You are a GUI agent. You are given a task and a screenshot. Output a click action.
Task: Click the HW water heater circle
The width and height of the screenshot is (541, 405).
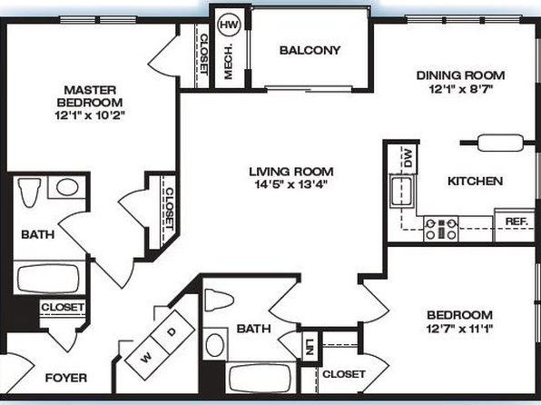coord(229,25)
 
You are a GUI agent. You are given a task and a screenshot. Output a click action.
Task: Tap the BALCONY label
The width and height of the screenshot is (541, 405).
coord(310,51)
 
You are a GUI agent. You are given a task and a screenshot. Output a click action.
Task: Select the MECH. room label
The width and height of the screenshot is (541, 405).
coord(229,62)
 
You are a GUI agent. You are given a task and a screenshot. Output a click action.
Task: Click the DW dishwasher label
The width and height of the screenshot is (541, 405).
coord(408,158)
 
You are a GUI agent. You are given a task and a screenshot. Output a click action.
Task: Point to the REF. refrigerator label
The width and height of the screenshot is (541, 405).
coord(516,222)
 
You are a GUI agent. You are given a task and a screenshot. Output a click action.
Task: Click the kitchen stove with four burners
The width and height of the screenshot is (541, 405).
coord(441,229)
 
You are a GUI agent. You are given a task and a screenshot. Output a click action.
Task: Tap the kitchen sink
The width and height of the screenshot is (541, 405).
coord(402,192)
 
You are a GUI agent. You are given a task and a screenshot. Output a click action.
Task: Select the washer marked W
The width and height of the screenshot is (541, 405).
coord(147,358)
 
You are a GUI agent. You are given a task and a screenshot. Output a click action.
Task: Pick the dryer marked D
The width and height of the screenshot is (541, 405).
coord(172,332)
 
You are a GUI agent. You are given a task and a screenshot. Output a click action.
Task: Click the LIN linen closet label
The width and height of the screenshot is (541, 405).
coord(310,347)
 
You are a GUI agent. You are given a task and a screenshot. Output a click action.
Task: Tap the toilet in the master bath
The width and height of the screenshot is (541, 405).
coord(29,193)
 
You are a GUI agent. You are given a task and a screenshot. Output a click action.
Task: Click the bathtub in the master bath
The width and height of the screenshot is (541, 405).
coord(48,278)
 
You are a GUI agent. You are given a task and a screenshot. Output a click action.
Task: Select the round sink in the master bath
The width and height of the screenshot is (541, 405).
coord(67,187)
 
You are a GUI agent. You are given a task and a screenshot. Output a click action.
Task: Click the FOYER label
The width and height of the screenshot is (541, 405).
coord(66,378)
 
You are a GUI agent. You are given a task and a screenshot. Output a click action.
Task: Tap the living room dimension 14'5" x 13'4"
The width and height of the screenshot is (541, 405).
coord(290,184)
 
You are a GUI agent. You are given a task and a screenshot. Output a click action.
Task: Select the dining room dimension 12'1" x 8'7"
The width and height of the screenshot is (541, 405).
coord(460,89)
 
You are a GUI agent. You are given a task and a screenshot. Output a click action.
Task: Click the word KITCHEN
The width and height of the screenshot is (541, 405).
coord(475,181)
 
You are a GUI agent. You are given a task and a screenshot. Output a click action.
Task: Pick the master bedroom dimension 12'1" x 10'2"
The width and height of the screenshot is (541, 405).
coord(89,115)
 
